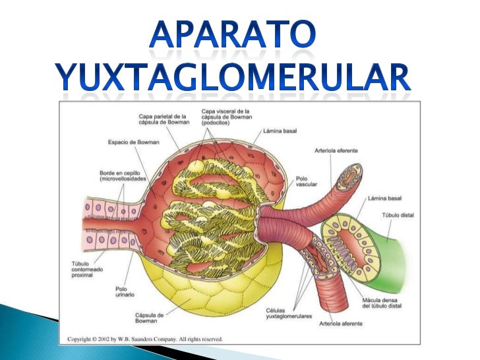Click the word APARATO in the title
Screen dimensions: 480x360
[x=233, y=34]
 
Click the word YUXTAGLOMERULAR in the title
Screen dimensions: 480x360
[x=233, y=77]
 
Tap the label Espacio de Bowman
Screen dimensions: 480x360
[x=133, y=142]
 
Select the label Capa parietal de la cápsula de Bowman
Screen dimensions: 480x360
[x=164, y=119]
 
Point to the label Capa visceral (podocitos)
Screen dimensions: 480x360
[x=227, y=117]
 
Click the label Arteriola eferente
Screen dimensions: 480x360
[x=336, y=150]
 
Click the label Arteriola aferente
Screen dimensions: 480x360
[x=341, y=324]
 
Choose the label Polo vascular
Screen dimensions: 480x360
[x=306, y=181]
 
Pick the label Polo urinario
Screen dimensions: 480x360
[x=125, y=291]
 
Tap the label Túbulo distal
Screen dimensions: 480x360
[x=398, y=215]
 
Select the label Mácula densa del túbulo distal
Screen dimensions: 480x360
[x=382, y=303]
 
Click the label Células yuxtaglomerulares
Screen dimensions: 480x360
[x=289, y=313]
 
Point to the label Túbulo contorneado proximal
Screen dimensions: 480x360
[x=87, y=270]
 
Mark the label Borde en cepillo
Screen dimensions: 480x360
[x=123, y=176]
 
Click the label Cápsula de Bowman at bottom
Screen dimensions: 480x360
[x=150, y=318]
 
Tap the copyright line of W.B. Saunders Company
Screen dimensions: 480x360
[x=145, y=339]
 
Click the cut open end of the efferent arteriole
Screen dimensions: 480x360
[x=349, y=179]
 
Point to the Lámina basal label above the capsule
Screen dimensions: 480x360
[x=280, y=131]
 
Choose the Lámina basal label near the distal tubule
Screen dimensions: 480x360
[x=384, y=198]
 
